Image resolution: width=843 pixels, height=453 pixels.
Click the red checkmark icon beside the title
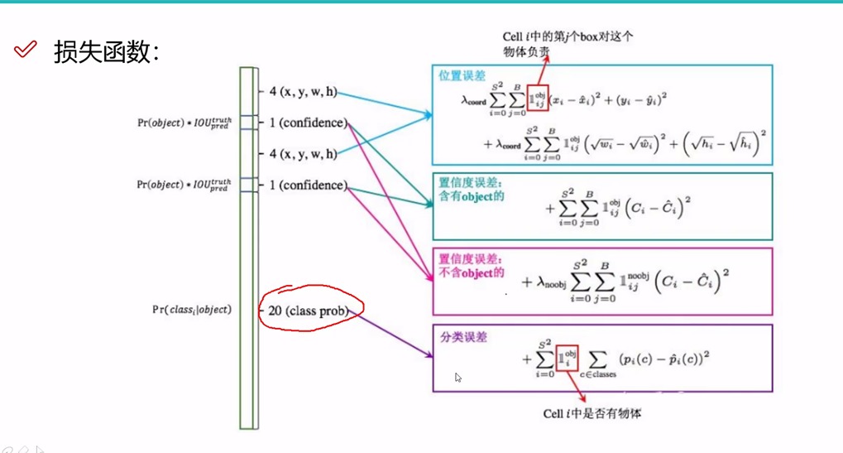click(26, 50)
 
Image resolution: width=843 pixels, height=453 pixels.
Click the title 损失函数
click(106, 51)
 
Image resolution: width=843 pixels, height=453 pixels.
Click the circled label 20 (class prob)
click(307, 311)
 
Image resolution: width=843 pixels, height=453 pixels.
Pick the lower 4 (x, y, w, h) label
click(303, 154)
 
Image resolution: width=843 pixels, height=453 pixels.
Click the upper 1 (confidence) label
click(307, 123)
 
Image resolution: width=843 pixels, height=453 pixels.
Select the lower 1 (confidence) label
click(307, 186)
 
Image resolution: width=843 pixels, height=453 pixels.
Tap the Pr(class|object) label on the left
click(192, 310)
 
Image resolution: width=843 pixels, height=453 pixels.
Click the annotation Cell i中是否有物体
click(592, 413)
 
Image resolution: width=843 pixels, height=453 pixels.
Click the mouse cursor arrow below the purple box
click(457, 377)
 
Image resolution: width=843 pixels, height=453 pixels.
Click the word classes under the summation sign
click(601, 374)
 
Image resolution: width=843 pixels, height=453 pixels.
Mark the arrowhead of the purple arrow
click(429, 356)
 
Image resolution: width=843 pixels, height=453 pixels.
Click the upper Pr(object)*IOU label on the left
click(184, 123)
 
